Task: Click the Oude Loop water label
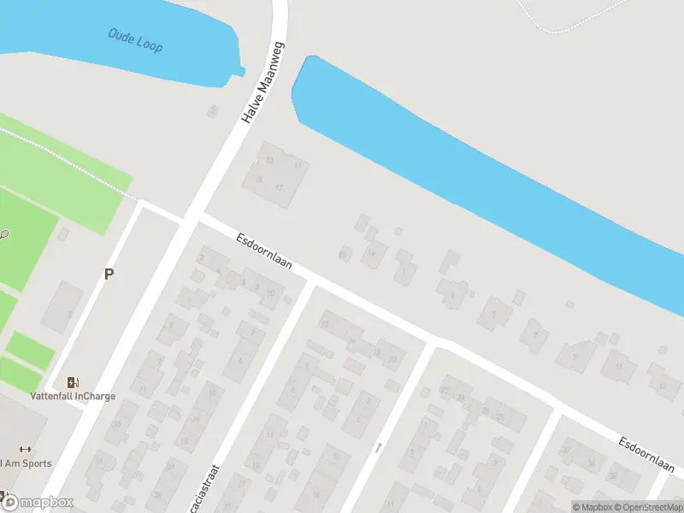point(135,39)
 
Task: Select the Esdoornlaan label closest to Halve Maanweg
point(264,252)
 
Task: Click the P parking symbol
point(109,274)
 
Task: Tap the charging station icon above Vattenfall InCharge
point(74,382)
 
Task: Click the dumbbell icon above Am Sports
point(24,450)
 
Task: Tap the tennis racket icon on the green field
point(4,233)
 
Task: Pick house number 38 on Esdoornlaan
point(611,476)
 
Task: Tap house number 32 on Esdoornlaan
point(565,451)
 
